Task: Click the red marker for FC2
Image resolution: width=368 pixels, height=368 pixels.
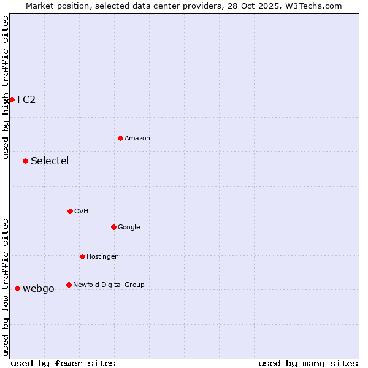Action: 12,99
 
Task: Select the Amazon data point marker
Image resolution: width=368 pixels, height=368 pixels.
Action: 120,138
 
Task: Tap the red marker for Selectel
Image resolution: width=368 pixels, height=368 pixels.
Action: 25,161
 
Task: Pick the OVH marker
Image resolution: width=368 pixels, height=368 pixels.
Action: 70,211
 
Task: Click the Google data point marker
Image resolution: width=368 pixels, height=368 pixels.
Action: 113,227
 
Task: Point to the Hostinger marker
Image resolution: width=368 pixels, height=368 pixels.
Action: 82,256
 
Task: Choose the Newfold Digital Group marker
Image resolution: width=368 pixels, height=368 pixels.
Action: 69,285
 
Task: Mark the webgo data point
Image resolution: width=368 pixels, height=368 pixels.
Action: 17,288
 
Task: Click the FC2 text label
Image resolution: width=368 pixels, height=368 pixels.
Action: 26,99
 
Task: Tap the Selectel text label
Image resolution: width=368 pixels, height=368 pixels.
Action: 50,161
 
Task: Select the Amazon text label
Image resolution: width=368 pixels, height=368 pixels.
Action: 137,138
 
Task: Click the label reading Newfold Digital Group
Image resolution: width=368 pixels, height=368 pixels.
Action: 109,285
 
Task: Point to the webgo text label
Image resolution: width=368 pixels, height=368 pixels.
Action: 39,288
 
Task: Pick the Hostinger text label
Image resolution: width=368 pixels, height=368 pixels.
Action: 102,256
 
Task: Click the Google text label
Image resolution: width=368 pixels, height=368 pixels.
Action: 129,227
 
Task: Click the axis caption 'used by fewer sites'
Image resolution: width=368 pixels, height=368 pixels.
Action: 63,363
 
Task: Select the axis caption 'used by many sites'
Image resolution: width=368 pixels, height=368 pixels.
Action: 308,363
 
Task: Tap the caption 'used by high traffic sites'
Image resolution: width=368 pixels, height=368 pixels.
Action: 6,87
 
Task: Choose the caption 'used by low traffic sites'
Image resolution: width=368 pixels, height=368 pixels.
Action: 6,286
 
